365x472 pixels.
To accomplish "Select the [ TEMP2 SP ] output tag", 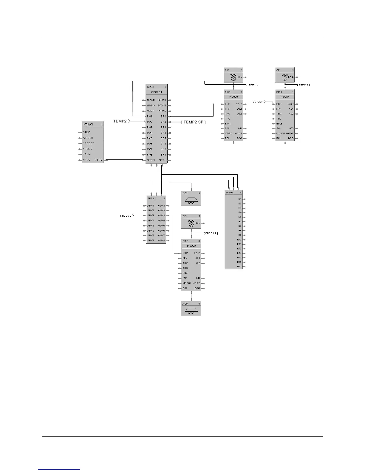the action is (x=194, y=122).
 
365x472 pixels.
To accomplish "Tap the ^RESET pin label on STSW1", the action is (x=89, y=143).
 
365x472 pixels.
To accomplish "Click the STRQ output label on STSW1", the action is (x=98, y=160).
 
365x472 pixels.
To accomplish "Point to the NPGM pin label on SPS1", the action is (x=151, y=100).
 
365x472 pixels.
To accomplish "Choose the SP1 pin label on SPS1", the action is (x=163, y=117).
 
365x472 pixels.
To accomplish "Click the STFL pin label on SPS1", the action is (x=163, y=160).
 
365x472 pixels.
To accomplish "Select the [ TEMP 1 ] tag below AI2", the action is (x=252, y=85).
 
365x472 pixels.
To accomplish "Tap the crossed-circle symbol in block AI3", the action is (x=285, y=78).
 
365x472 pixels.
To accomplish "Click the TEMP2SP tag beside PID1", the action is (x=257, y=102).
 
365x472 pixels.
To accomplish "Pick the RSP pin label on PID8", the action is (x=228, y=104).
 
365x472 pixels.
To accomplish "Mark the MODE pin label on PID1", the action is (x=290, y=133).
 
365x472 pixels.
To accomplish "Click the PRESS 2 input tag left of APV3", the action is (x=126, y=215).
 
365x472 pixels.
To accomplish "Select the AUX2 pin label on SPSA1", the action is (x=161, y=211).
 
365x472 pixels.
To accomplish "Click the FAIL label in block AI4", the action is (x=197, y=223).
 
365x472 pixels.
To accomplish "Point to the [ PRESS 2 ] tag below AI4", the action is (x=211, y=233).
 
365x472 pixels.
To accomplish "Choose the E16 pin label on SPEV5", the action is (x=239, y=267).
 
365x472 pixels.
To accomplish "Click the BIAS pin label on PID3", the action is (x=185, y=273).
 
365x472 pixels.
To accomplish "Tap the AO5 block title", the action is (x=185, y=303).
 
